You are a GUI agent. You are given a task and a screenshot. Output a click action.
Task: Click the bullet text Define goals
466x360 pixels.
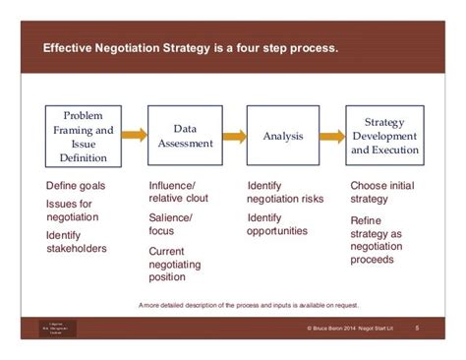pos(76,186)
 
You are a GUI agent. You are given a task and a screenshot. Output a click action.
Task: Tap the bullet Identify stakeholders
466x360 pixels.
pos(77,242)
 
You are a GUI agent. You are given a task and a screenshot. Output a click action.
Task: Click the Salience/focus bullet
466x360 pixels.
pos(170,223)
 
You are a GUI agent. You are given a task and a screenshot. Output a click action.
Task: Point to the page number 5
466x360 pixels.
pos(417,328)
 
